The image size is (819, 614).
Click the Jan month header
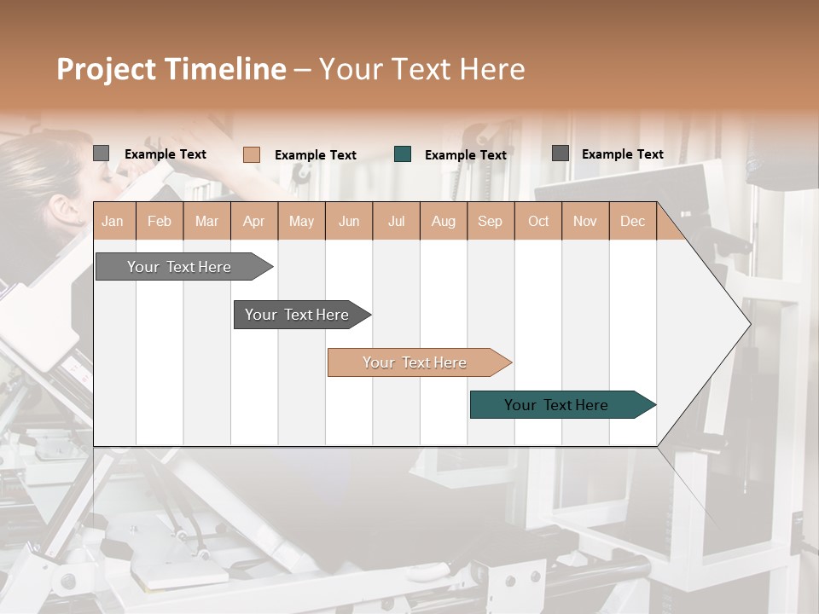point(113,222)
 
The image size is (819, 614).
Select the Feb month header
point(160,222)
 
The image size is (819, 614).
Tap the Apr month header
point(253,222)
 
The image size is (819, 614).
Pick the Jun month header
point(349,222)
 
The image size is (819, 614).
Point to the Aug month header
point(443,222)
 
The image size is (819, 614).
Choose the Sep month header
point(490,222)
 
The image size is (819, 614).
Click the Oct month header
point(538,222)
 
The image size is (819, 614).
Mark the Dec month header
point(632,222)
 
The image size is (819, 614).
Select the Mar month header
point(206,222)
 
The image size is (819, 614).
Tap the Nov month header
point(584,222)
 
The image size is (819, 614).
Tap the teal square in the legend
point(403,154)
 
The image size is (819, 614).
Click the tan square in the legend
point(252,154)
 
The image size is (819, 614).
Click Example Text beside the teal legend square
point(465,155)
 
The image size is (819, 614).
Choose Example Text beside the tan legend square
point(315,155)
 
